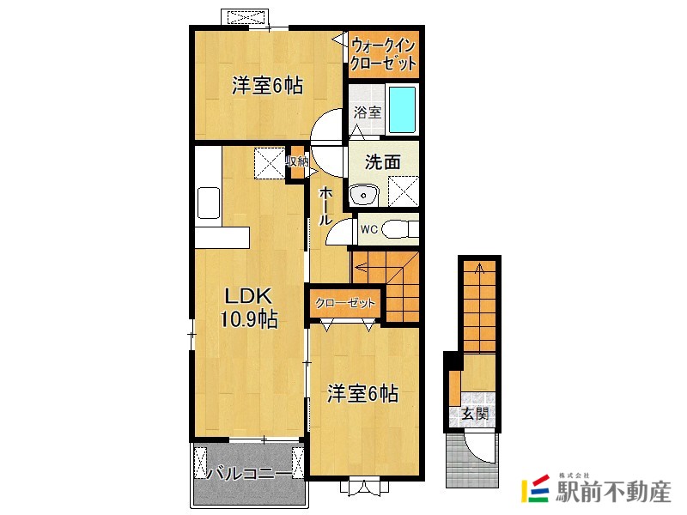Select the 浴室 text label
(x=367, y=112)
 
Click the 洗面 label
(x=382, y=161)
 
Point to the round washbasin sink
(x=365, y=196)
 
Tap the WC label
(x=368, y=229)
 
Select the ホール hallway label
(x=326, y=207)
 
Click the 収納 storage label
(x=296, y=161)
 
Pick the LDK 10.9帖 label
(x=249, y=308)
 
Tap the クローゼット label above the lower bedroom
(x=345, y=303)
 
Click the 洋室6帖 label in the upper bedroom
(x=267, y=86)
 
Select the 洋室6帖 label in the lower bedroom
(x=362, y=394)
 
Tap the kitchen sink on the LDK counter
(x=210, y=204)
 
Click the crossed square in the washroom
(x=403, y=191)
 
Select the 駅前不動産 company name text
(x=614, y=494)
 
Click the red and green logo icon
(x=537, y=488)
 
